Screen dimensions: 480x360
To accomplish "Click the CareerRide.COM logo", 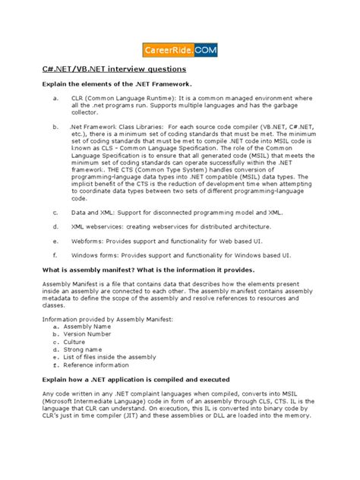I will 180,49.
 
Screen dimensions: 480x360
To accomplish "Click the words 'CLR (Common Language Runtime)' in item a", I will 122,98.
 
